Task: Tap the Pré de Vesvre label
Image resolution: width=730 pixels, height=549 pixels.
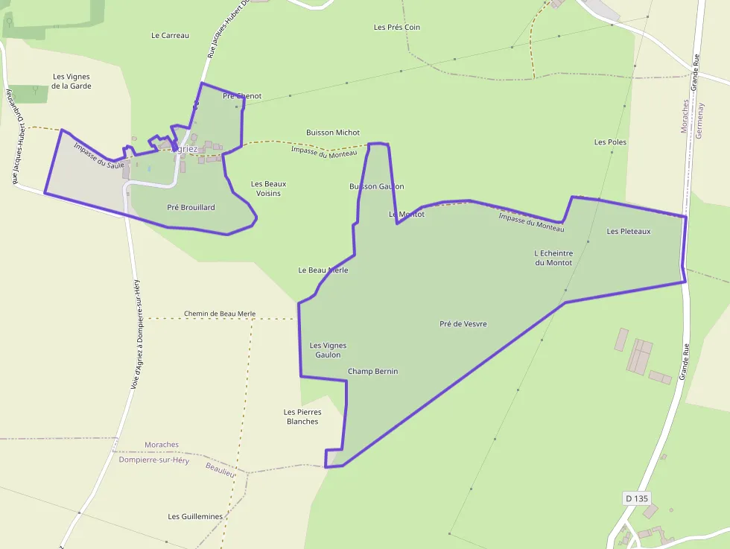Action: [463, 324]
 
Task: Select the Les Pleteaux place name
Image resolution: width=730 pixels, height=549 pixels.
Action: [629, 231]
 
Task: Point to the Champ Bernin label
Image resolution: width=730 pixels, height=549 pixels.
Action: [372, 371]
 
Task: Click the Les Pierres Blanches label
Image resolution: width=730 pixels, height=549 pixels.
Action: [302, 416]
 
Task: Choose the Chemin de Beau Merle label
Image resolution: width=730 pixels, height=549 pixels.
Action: [220, 314]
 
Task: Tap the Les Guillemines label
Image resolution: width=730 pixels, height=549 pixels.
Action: [195, 516]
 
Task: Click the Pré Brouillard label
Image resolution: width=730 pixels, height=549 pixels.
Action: [191, 207]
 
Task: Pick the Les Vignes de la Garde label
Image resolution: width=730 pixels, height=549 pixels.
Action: [72, 81]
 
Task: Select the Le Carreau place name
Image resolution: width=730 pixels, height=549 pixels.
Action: [170, 35]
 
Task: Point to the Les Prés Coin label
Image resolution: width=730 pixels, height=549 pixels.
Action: [397, 28]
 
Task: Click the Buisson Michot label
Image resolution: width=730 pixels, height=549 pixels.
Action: [333, 133]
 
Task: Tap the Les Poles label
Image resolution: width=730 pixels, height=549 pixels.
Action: [610, 142]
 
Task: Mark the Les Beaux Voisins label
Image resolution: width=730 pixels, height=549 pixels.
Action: [269, 188]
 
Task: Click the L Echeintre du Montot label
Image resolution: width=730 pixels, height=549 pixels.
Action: [553, 258]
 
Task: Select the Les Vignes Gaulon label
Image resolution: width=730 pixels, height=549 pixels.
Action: [328, 350]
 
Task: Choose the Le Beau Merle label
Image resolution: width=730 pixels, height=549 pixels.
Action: [323, 270]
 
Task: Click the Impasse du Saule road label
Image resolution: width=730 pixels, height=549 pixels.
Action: [99, 155]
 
